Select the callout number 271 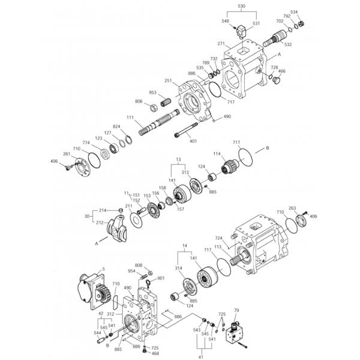coord(221,43)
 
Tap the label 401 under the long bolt coord(193,141)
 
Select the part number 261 coord(67,155)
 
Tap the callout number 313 coord(185,172)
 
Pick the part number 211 coord(128,206)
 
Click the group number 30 coord(87,217)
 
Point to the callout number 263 coord(293,208)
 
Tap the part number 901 coord(161,278)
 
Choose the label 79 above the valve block coord(236,310)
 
